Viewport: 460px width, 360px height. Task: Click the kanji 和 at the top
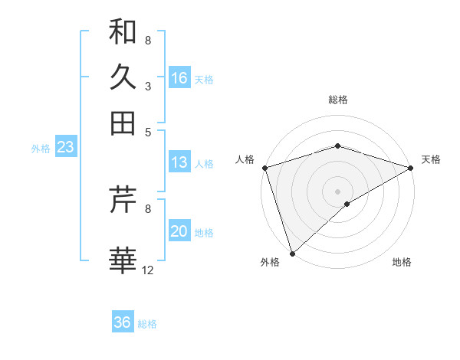click(x=123, y=31)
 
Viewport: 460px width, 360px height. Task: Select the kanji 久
click(x=123, y=77)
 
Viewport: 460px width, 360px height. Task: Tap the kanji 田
click(x=123, y=123)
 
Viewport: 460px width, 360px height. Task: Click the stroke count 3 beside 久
click(x=147, y=86)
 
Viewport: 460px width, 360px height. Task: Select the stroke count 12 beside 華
click(x=148, y=270)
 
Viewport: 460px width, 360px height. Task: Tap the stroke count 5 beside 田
click(x=147, y=131)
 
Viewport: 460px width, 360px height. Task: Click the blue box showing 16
click(x=179, y=78)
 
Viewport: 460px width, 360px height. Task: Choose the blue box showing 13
click(x=179, y=162)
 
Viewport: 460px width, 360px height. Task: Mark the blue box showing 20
click(x=179, y=232)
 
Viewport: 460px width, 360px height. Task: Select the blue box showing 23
click(x=65, y=148)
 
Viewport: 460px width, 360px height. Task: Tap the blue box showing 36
click(x=122, y=322)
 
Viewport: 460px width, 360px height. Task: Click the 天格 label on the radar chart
click(x=431, y=159)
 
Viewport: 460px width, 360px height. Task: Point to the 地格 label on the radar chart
click(x=402, y=262)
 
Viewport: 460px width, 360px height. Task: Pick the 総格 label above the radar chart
click(x=337, y=100)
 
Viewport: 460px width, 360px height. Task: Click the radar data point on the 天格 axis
click(x=412, y=167)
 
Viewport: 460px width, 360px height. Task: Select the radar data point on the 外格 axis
click(x=292, y=254)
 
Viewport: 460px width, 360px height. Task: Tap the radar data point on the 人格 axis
click(x=264, y=167)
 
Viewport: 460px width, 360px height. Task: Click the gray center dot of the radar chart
click(x=337, y=191)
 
